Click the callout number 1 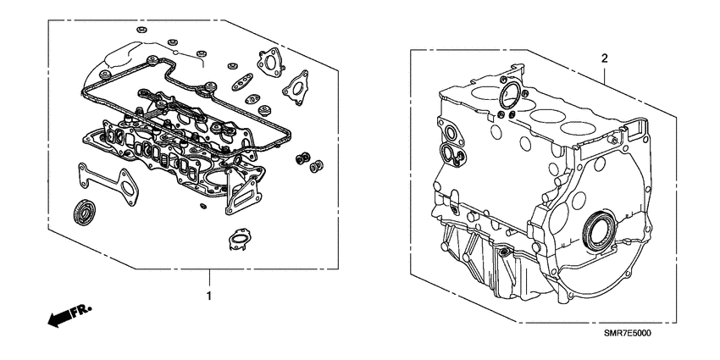208,296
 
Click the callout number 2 604,58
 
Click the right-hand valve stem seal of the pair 318,164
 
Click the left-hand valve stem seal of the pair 299,158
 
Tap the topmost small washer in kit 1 141,30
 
